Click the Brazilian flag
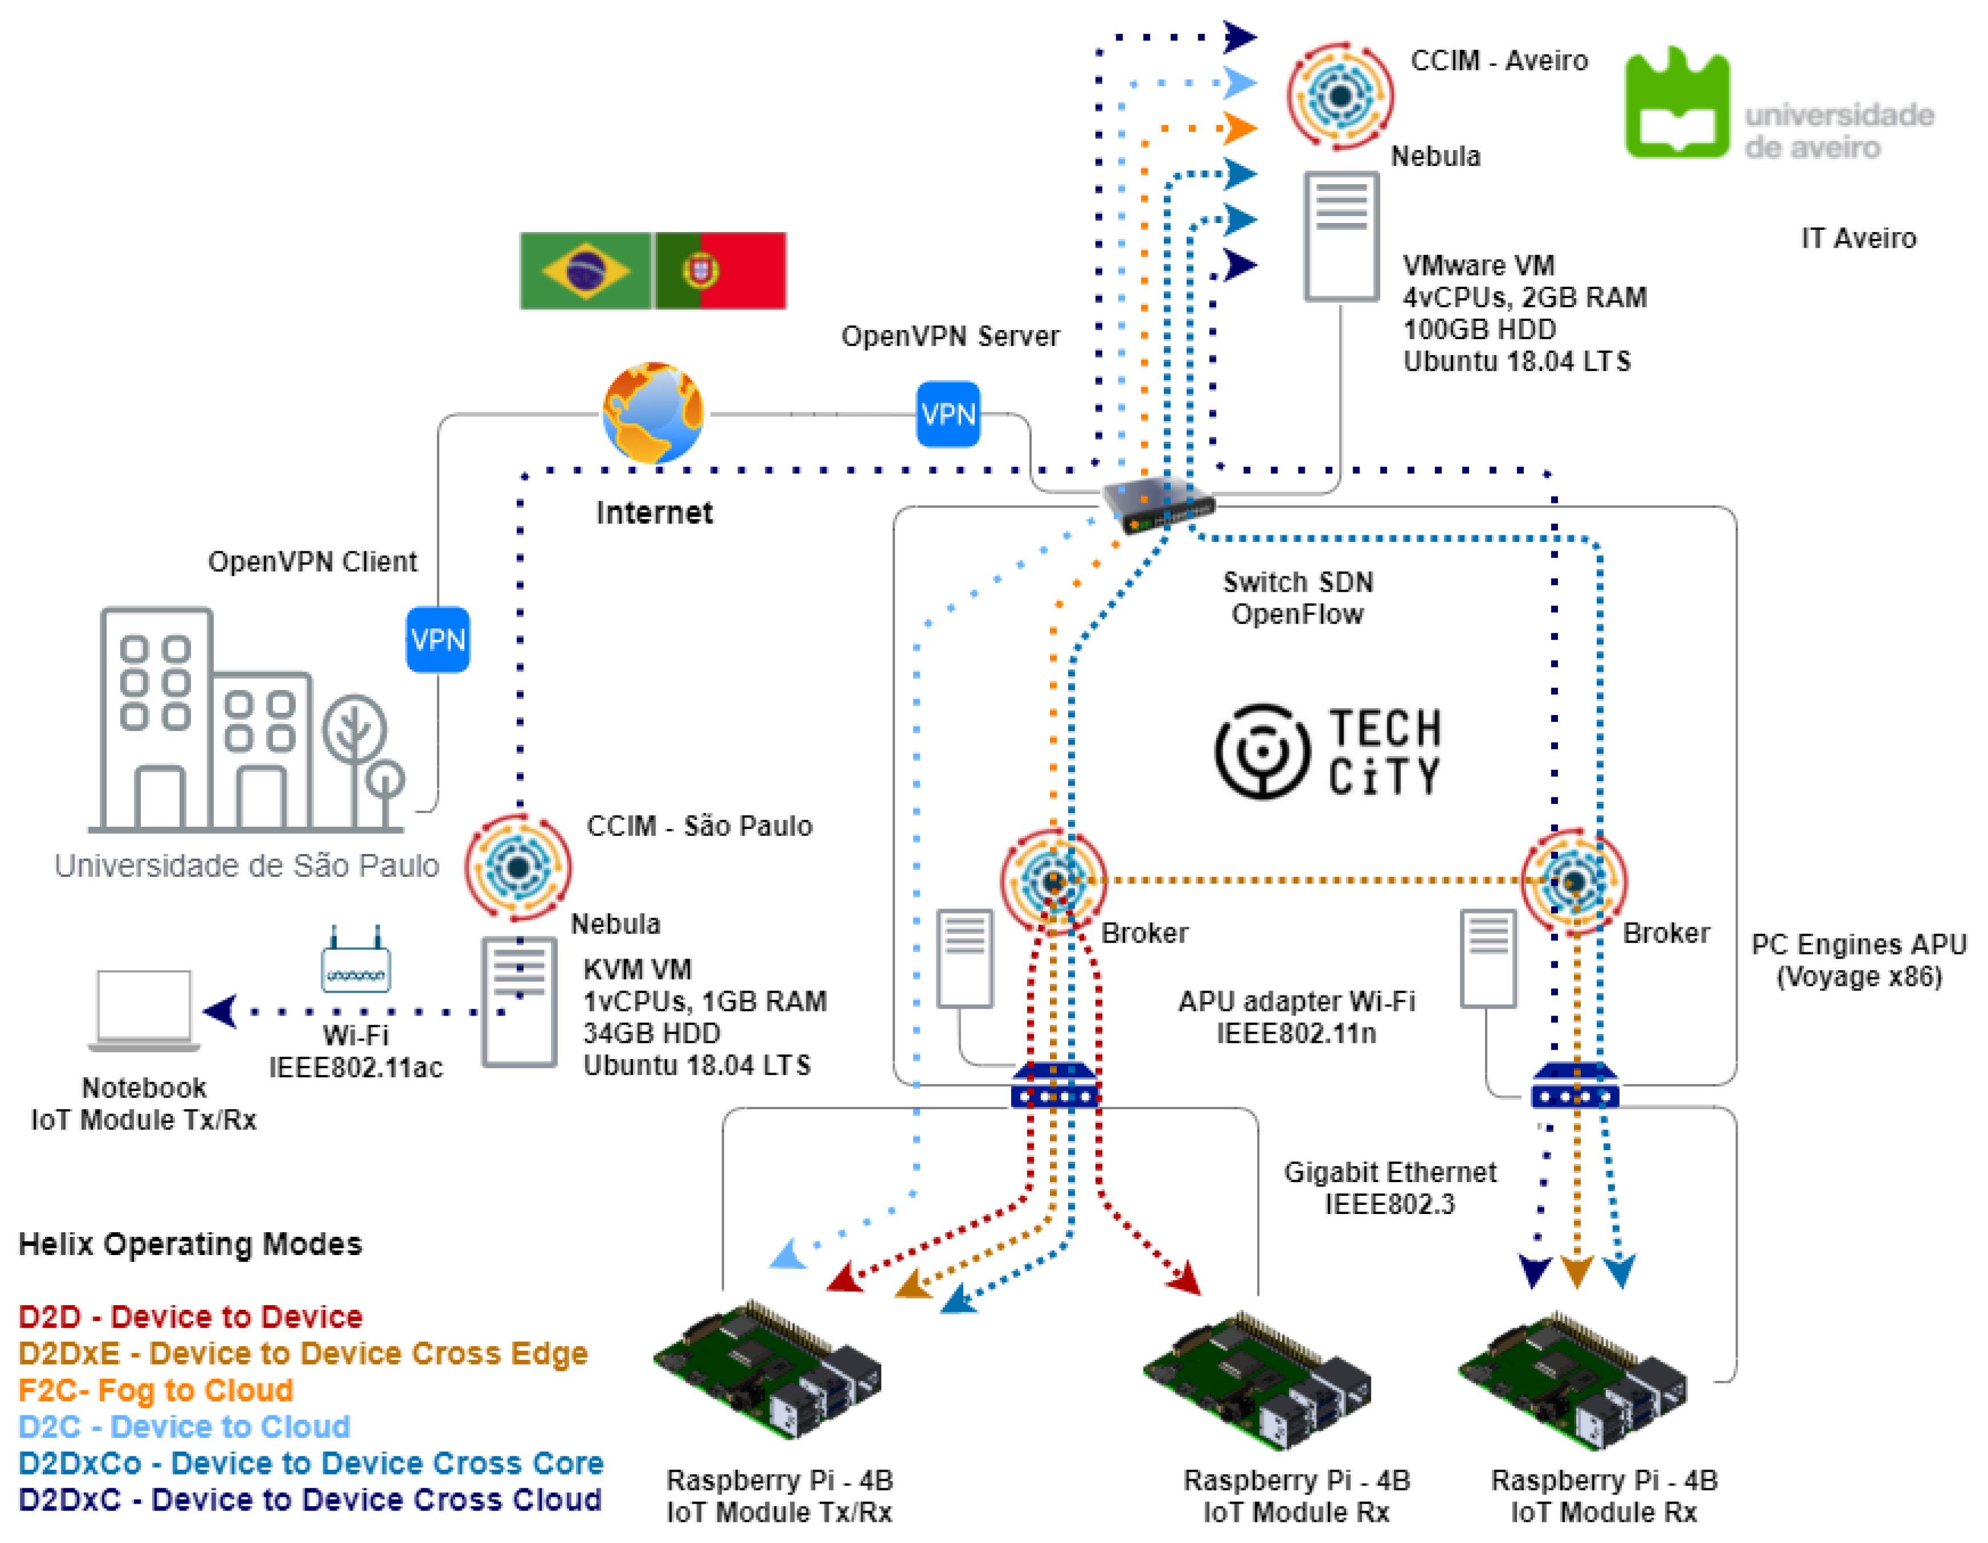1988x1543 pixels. [585, 270]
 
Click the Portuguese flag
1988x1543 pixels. [721, 270]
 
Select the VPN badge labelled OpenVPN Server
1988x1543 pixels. [948, 414]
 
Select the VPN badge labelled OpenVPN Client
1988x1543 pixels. [438, 639]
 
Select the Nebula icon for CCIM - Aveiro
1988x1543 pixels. [1340, 96]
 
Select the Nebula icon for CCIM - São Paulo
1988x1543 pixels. [518, 866]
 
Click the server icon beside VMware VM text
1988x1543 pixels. [1341, 237]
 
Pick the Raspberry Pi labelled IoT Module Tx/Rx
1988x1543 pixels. [768, 1370]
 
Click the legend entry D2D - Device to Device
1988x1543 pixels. [190, 1316]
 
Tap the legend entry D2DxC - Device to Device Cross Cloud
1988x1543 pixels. [310, 1499]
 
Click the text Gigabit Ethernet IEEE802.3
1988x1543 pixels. [1389, 1188]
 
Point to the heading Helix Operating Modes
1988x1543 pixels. [190, 1244]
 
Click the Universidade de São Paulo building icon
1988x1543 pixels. [246, 721]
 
